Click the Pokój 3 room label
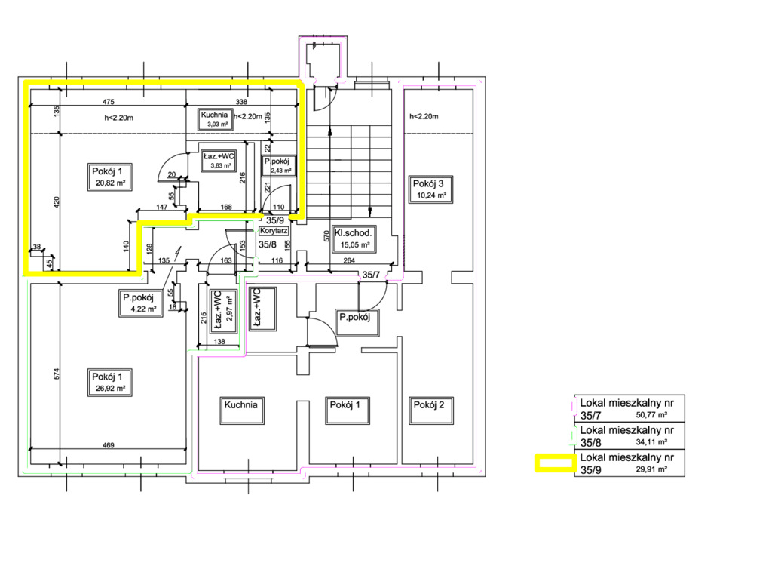click(x=427, y=184)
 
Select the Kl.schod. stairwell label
click(x=354, y=234)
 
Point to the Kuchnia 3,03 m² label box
click(x=213, y=118)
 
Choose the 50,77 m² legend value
click(x=653, y=414)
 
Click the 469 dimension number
click(x=108, y=446)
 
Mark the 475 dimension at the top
click(x=107, y=102)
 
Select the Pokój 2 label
click(x=429, y=405)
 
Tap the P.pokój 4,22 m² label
click(x=139, y=303)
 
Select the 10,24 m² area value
click(x=432, y=195)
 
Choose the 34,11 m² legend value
click(x=653, y=441)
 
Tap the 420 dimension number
click(x=57, y=201)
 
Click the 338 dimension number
click(x=241, y=102)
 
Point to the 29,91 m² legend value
click(x=653, y=469)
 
